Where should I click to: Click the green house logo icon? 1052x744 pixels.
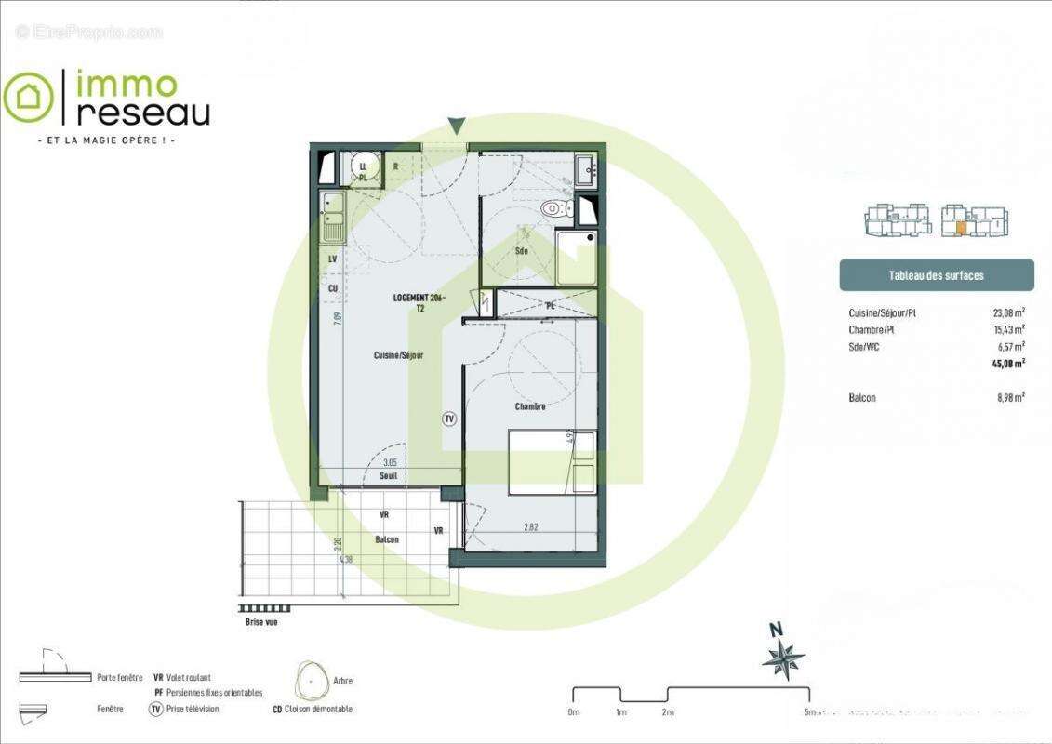pyautogui.click(x=28, y=97)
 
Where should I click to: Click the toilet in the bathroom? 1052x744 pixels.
pyautogui.click(x=554, y=207)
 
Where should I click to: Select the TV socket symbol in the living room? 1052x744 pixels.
pyautogui.click(x=449, y=419)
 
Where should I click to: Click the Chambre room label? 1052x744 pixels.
pyautogui.click(x=529, y=406)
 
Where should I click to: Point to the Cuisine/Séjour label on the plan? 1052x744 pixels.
pyautogui.click(x=398, y=355)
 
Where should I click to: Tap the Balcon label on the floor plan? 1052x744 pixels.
pyautogui.click(x=387, y=540)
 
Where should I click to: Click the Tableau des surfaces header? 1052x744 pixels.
pyautogui.click(x=936, y=275)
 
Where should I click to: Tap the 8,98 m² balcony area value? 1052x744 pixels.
pyautogui.click(x=1009, y=397)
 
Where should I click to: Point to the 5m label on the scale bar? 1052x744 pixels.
pyautogui.click(x=811, y=712)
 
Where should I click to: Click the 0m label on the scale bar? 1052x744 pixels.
pyautogui.click(x=574, y=712)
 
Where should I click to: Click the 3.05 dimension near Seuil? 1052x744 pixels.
pyautogui.click(x=391, y=462)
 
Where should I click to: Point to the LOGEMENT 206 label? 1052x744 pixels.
pyautogui.click(x=419, y=298)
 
